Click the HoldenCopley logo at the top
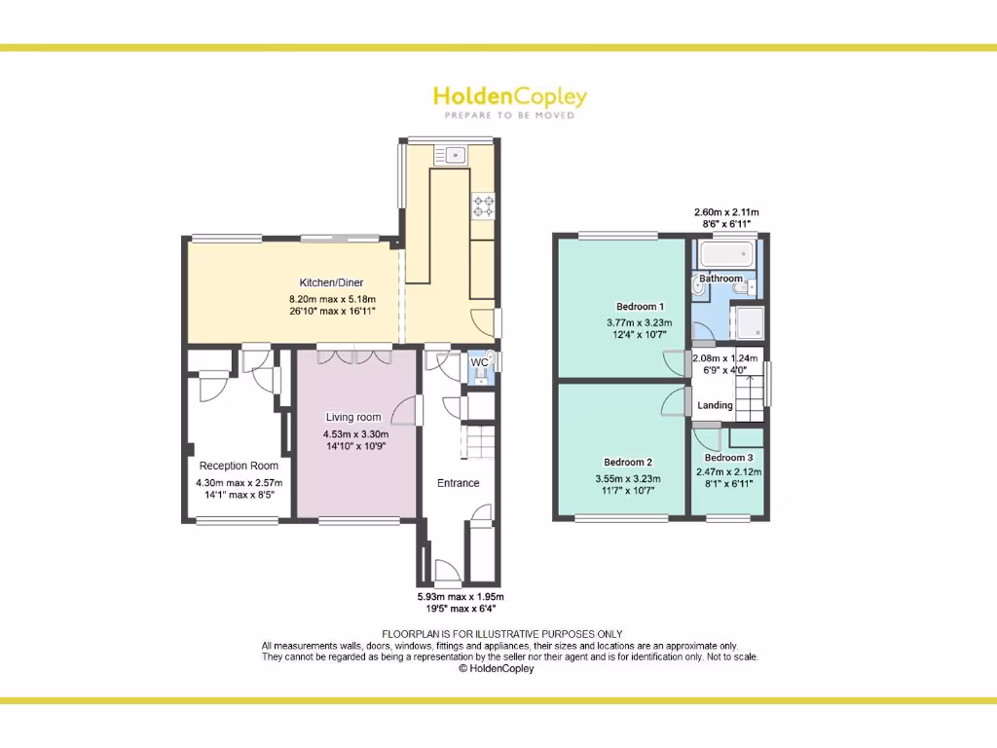coord(509,98)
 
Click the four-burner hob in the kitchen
coord(483,206)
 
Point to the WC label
coord(479,362)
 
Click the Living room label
coord(353,417)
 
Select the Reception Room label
coord(239,466)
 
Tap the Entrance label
coord(458,483)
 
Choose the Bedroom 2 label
coord(627,462)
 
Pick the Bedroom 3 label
coord(728,458)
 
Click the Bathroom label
coord(721,279)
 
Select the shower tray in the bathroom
coord(748,322)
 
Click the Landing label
coord(716,405)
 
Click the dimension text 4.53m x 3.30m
coord(356,434)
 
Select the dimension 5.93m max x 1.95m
coord(461,596)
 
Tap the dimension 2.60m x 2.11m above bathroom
coord(726,212)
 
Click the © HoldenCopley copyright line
coord(497,669)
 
